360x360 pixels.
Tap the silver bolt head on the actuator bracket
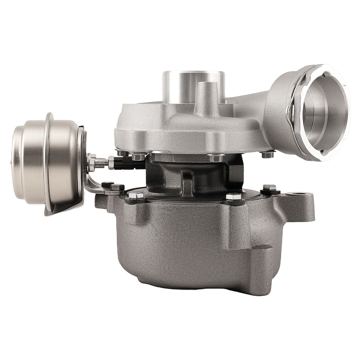117,187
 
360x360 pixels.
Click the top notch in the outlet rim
326,74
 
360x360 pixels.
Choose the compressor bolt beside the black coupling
139,157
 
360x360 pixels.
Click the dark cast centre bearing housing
187,173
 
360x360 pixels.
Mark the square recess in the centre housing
187,182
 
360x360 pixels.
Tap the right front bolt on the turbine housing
233,197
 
